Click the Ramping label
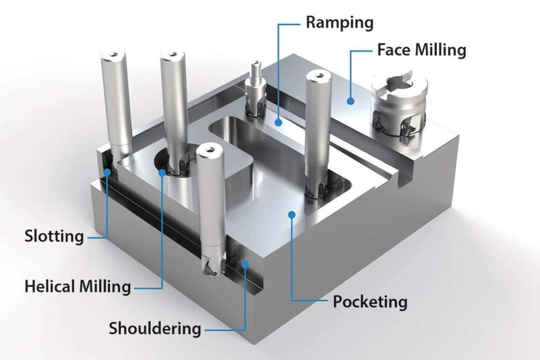(x=339, y=23)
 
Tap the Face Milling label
(x=421, y=50)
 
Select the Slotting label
(x=54, y=236)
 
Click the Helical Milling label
(x=78, y=287)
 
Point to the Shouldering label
(x=155, y=328)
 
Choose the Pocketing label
(x=370, y=302)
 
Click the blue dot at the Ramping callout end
(x=278, y=122)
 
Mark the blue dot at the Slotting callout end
(x=108, y=171)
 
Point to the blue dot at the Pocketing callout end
(x=291, y=214)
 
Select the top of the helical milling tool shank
(x=172, y=54)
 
